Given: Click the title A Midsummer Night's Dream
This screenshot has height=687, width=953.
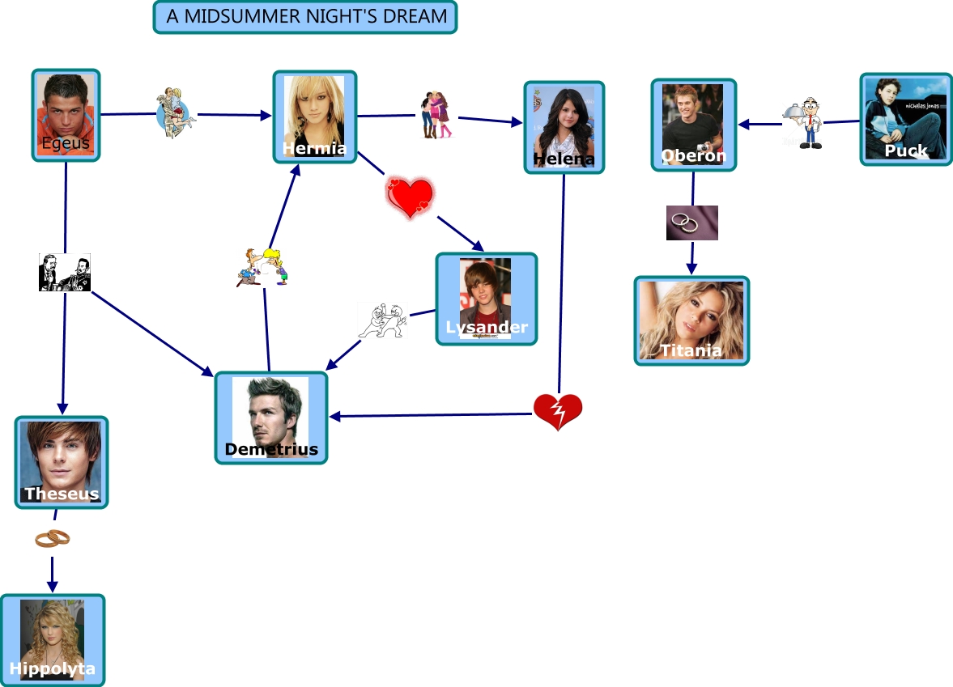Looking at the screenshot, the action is click(305, 16).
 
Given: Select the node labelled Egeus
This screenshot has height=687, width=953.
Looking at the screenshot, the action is click(66, 116).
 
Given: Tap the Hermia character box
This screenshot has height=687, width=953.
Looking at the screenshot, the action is click(315, 117).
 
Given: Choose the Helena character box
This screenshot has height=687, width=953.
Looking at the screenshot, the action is click(564, 128).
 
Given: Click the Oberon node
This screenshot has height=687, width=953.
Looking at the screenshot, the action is click(693, 125).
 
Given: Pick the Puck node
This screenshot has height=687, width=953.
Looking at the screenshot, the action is click(906, 119).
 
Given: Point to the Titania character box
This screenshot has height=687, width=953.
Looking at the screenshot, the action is click(691, 320).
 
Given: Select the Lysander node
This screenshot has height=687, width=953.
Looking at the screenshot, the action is click(487, 299).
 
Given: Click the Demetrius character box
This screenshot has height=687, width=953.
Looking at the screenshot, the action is click(271, 418).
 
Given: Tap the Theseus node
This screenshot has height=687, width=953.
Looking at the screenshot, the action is click(62, 462).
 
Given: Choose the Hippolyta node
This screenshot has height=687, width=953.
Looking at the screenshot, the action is click(53, 641).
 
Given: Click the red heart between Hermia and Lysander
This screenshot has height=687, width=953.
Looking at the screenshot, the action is click(411, 197).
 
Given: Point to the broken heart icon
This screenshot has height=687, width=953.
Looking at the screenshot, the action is click(558, 412).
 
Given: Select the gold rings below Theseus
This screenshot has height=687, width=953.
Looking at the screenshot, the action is click(53, 538).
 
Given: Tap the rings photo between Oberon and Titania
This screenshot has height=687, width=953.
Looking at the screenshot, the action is click(692, 223).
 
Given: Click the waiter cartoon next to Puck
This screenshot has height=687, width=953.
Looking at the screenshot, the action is click(803, 123).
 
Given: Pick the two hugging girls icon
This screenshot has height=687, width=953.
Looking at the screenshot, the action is click(436, 115).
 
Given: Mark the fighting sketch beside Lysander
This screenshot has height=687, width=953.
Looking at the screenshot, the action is click(382, 320).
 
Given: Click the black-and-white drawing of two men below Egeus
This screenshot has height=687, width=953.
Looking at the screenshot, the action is click(65, 272).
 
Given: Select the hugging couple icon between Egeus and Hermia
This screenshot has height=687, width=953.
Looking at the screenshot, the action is click(176, 112).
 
